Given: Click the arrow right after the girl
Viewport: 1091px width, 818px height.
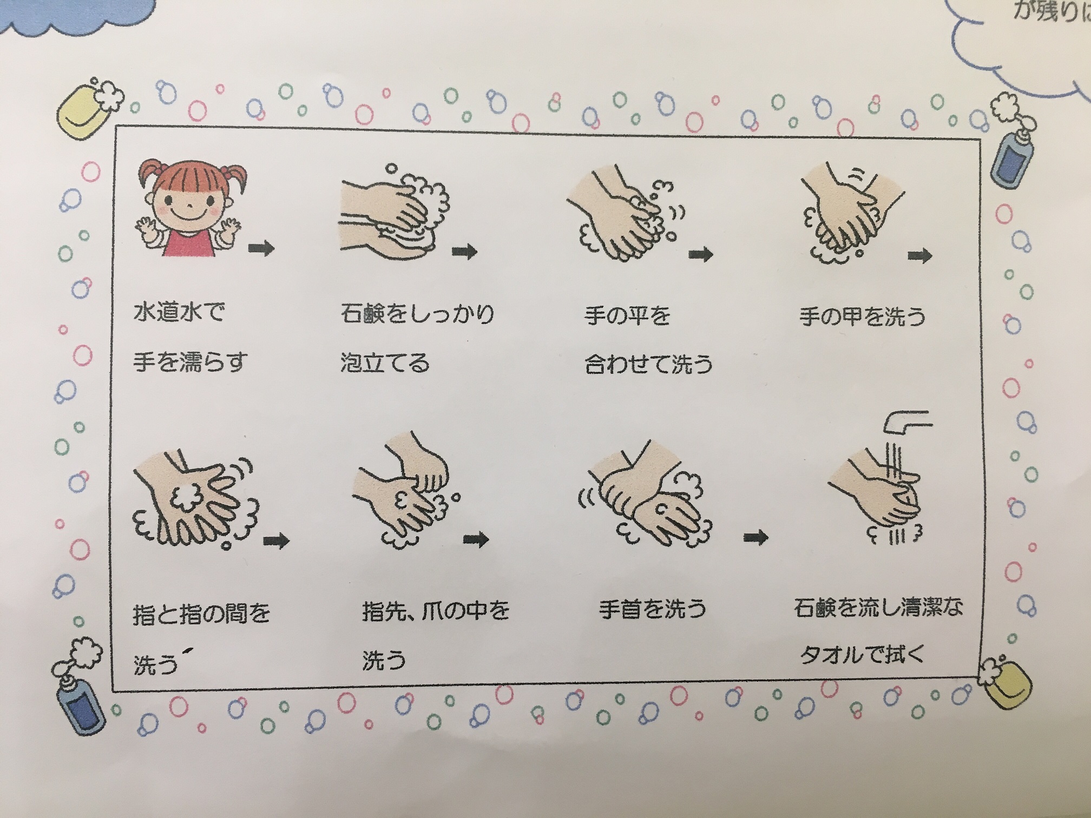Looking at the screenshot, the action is pyautogui.click(x=262, y=248).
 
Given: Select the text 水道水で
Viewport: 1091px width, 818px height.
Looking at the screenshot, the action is pyautogui.click(x=179, y=313).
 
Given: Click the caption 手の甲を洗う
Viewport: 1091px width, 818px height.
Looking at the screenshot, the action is pyautogui.click(x=863, y=316).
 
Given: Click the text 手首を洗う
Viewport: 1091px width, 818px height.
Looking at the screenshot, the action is pyautogui.click(x=653, y=610).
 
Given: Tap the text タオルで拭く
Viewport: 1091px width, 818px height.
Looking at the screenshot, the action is pyautogui.click(x=862, y=655).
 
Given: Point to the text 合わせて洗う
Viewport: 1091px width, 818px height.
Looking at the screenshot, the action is pyautogui.click(x=648, y=364).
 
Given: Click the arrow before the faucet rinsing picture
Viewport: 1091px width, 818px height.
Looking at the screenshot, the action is pyautogui.click(x=756, y=537).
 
